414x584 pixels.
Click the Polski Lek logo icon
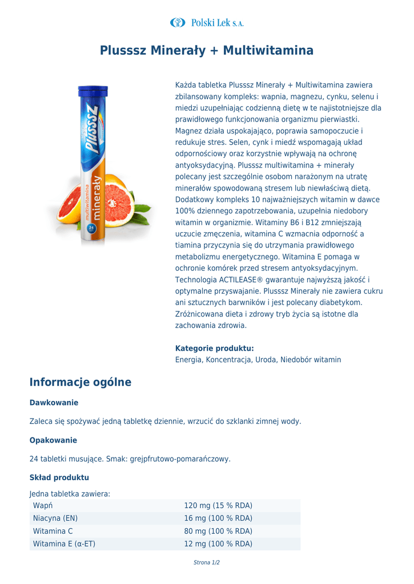coord(178,22)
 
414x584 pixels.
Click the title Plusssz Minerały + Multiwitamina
coord(207,51)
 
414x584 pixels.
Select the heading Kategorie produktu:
coord(214,348)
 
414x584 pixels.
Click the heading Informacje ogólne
coord(81,383)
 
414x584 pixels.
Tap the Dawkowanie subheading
coord(54,403)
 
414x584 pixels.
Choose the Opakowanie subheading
coord(53,440)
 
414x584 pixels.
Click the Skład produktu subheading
coord(59,477)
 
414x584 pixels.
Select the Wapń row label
coord(43,506)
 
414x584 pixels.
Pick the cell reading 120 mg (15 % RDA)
coord(218,506)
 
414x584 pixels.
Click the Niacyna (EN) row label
coord(55,518)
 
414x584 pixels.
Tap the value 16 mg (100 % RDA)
coord(218,518)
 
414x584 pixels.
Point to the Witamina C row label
coord(53,531)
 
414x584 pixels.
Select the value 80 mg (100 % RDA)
coord(218,531)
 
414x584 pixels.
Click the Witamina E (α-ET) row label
coord(64,544)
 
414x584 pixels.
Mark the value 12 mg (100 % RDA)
coord(218,544)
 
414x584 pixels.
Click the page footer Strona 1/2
coord(207,563)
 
